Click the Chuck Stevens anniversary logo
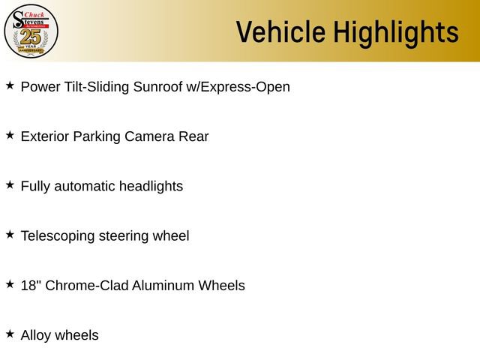(31, 31)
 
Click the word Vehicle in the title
(280, 32)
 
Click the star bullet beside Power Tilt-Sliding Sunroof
(10, 85)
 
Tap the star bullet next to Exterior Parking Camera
(10, 135)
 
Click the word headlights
(151, 186)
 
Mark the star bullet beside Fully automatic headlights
(10, 184)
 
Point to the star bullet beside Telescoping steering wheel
(10, 234)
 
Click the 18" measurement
(31, 286)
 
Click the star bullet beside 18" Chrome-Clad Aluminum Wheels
(10, 284)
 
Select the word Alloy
(37, 335)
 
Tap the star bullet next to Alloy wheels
(10, 334)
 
